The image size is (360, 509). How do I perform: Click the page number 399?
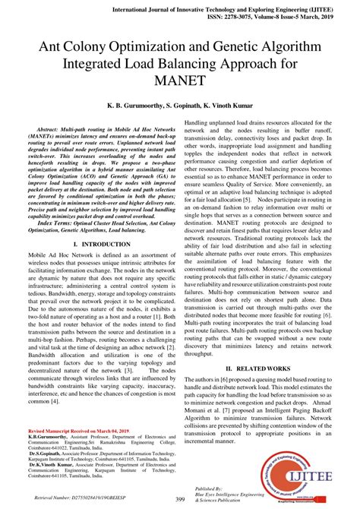[180, 498]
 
